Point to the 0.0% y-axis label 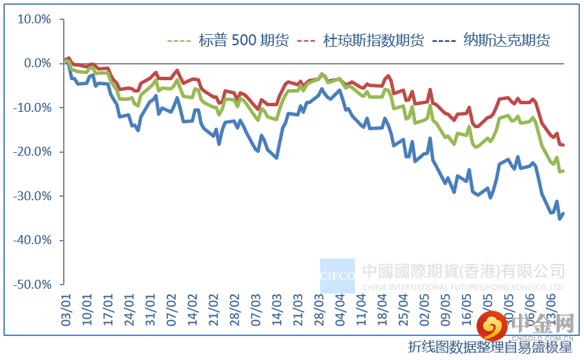coord(38,63)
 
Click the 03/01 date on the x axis coord(66,307)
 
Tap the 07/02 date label coord(172,307)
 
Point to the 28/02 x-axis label coord(234,307)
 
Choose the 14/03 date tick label coord(277,307)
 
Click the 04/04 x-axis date coord(340,307)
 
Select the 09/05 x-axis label coord(446,307)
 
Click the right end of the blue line coord(563,214)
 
